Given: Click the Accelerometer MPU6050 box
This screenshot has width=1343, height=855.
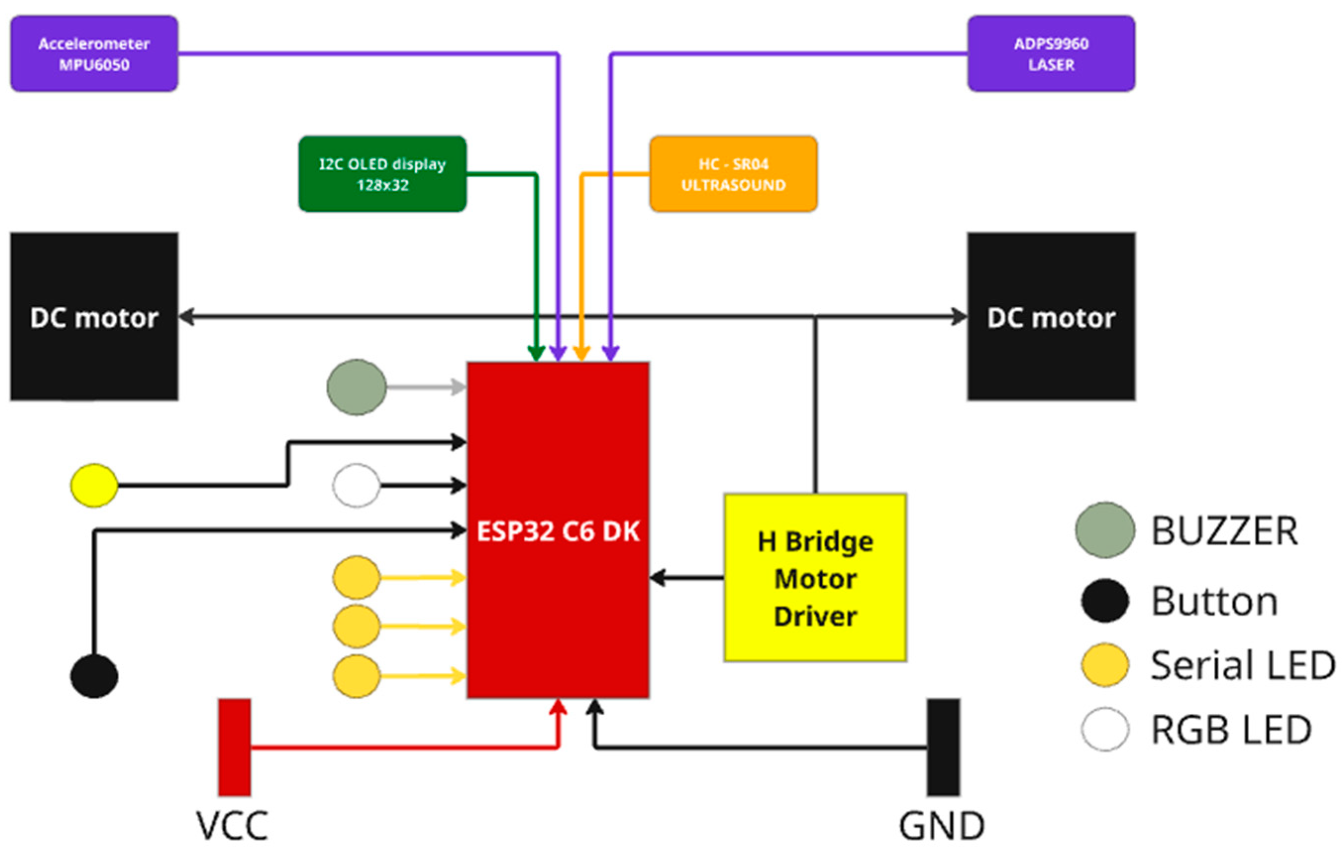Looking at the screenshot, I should click(94, 53).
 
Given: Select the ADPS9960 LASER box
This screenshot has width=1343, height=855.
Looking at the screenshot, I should click(1051, 53).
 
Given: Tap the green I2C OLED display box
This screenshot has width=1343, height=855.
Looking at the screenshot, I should click(383, 174).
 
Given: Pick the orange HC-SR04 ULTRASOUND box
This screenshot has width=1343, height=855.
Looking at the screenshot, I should click(734, 174).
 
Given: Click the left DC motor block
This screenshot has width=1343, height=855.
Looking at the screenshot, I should click(94, 317).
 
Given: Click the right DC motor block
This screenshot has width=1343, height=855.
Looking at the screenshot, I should click(1051, 317).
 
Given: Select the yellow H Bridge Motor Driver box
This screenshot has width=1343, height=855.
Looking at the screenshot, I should click(815, 578).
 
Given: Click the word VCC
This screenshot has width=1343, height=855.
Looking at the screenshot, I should click(232, 826).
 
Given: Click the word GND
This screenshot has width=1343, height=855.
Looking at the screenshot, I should click(942, 826).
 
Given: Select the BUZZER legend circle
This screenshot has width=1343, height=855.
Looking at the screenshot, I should click(1105, 530).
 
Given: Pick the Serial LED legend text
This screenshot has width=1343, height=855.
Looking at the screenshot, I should click(1243, 665).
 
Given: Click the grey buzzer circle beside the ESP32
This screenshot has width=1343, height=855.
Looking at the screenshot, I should click(356, 387).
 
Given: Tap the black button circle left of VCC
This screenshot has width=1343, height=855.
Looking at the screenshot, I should click(94, 676).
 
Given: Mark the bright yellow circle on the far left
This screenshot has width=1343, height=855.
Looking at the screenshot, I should click(94, 485).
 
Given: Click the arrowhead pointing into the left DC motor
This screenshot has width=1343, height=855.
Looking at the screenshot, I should click(187, 317).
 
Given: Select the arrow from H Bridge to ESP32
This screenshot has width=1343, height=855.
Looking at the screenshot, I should click(686, 578).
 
